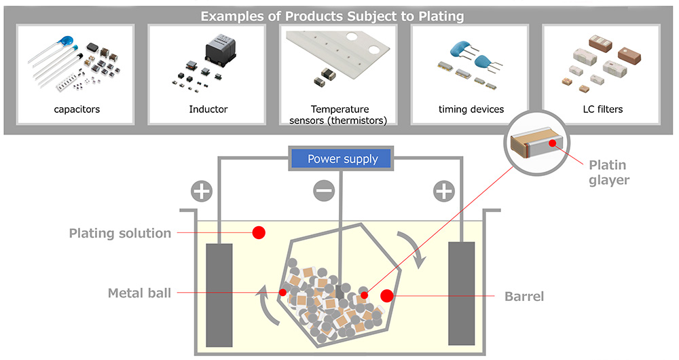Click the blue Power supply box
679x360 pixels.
[342, 160]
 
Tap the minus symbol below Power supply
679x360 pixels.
[324, 192]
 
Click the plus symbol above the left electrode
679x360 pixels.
[201, 192]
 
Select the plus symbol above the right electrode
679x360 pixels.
[444, 192]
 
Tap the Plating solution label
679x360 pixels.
[120, 234]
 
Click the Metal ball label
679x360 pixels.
[139, 293]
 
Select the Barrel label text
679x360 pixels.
[524, 297]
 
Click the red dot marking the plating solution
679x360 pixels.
[259, 233]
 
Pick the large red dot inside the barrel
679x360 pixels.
[386, 295]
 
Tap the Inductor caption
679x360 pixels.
[208, 109]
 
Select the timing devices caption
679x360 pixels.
[471, 109]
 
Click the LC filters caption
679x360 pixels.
[602, 109]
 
